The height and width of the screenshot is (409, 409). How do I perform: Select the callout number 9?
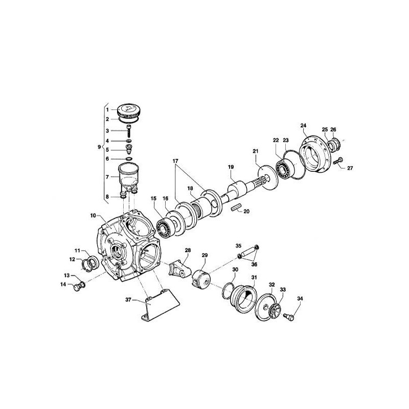[99, 147]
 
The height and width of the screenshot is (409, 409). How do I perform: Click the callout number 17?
[175, 161]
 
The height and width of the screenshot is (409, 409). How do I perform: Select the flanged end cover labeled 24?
[314, 154]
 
